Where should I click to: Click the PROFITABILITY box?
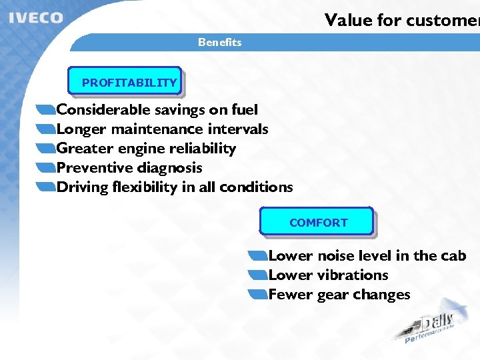point(126,83)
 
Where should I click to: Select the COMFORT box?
point(317,222)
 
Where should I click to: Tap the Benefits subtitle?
point(219,42)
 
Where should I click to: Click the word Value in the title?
point(348,20)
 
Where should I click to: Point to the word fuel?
point(244,109)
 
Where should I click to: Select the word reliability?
point(203,148)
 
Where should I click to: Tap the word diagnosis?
point(171,167)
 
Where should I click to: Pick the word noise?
point(336,255)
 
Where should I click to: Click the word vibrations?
point(353,275)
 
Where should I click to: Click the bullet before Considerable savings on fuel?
point(47,109)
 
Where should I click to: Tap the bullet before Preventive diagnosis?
point(47,167)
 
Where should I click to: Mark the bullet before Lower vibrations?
point(257,275)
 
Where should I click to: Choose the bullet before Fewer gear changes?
point(257,294)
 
